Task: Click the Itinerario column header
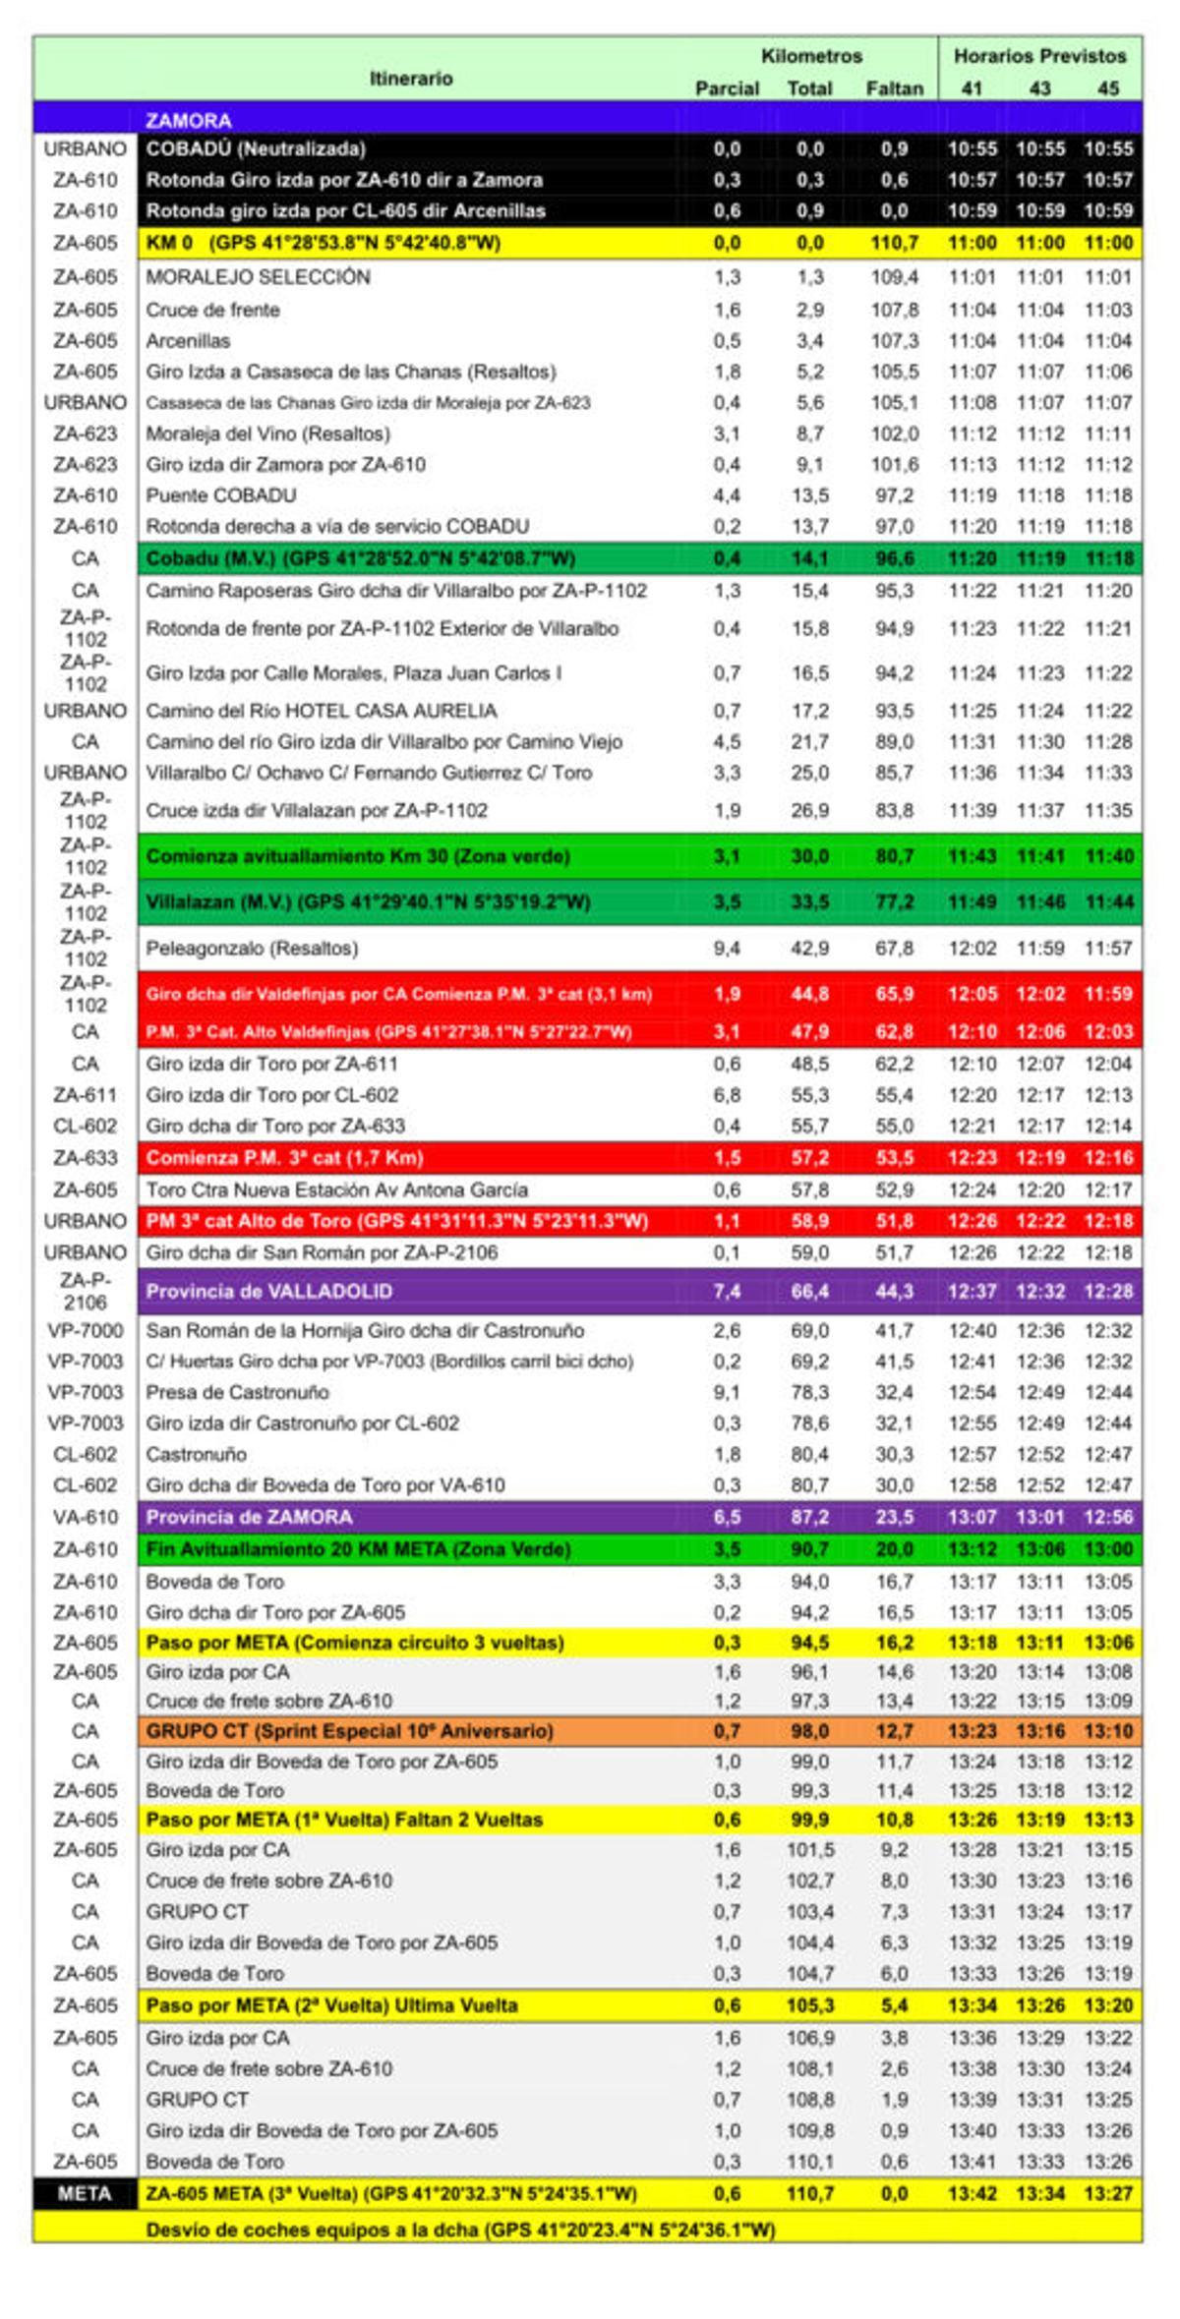point(411,79)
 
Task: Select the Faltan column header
point(894,88)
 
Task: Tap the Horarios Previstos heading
point(1039,56)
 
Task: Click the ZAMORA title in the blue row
point(189,121)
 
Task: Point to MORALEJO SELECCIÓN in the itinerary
point(258,277)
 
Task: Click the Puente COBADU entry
point(220,495)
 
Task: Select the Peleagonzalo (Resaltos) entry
point(252,949)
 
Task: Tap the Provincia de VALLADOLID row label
point(268,1292)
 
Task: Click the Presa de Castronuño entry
point(237,1393)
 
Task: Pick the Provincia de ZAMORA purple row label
point(249,1517)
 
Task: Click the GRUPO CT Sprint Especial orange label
point(349,1731)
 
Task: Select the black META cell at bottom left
point(85,2193)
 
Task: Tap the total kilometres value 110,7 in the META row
point(809,2193)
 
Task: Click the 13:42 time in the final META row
point(972,2193)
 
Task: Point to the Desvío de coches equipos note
point(460,2230)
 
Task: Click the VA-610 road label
point(85,1517)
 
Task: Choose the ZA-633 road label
point(85,1158)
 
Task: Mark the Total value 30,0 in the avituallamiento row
point(809,856)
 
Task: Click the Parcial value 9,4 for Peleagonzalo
point(727,949)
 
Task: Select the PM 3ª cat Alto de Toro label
point(396,1221)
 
